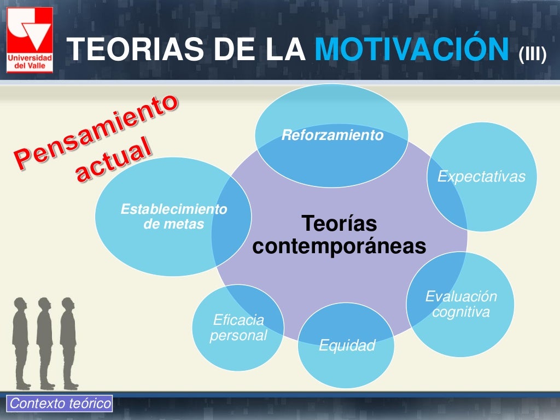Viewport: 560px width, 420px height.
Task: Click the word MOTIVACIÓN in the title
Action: pos(413,51)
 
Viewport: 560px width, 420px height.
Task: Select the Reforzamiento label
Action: pos(332,136)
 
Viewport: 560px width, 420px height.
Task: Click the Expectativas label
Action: pos(481,177)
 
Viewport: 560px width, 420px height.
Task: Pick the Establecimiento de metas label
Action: pos(173,217)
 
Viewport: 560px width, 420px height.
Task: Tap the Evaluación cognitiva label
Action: pos(461,304)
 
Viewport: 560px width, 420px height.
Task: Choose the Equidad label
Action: pos(347,346)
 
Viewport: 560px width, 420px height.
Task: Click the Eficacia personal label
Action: pos(238,327)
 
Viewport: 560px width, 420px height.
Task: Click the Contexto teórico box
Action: pos(60,404)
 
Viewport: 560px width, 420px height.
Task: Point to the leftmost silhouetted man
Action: pos(21,342)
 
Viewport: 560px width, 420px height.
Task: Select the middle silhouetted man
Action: pos(45,342)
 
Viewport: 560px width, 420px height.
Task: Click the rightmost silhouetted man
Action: pos(68,342)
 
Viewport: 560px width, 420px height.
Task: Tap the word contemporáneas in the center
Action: pos(339,247)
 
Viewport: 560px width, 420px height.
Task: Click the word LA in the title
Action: pos(284,51)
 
